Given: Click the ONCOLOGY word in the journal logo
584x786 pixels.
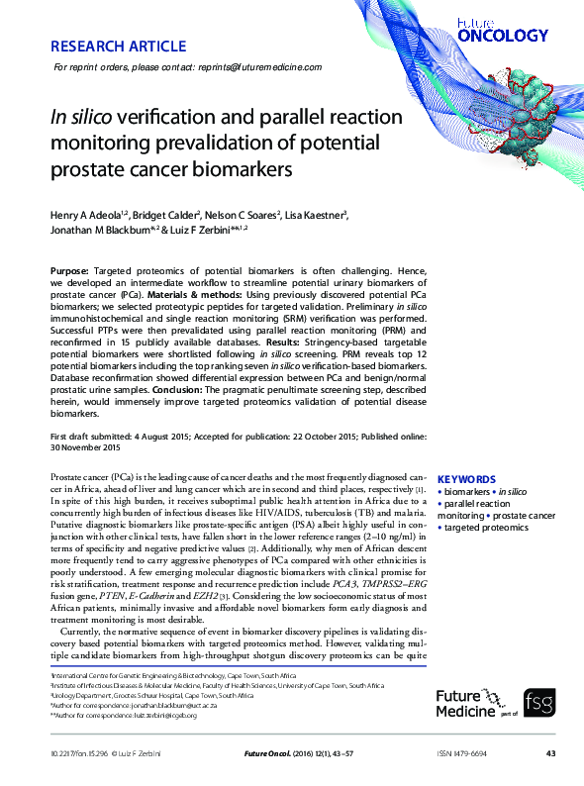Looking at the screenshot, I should [503, 36].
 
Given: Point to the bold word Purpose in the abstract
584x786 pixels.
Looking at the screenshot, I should [69, 271].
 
